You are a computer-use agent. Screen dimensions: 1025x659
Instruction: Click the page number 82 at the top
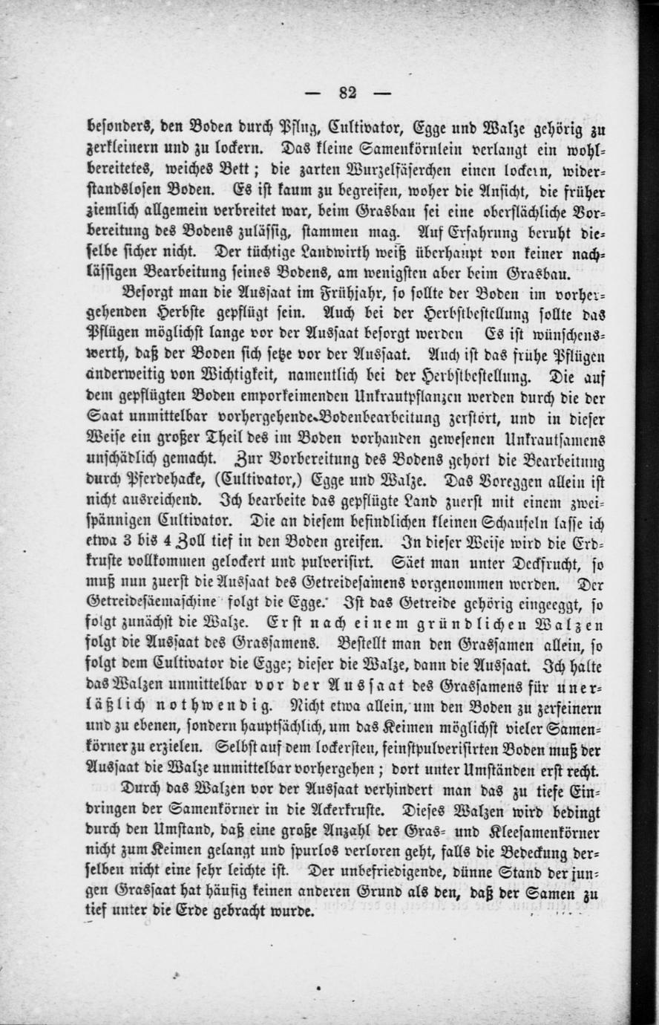click(347, 93)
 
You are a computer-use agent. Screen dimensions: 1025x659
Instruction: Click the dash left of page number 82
click(312, 93)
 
